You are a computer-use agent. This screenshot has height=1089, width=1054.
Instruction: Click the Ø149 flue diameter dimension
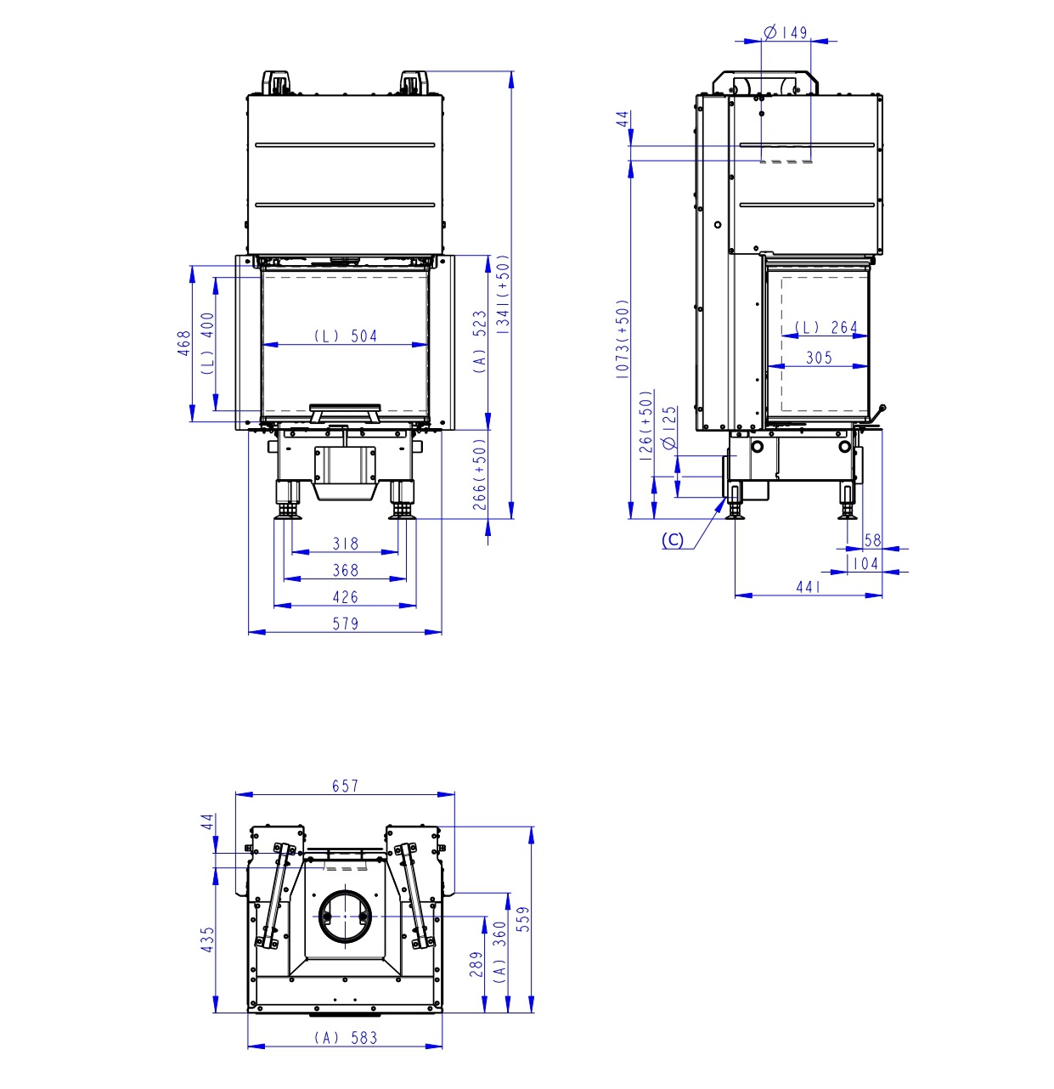tap(785, 32)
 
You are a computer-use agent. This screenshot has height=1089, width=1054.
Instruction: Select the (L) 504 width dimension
tap(345, 336)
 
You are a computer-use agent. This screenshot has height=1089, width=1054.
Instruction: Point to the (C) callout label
tap(672, 540)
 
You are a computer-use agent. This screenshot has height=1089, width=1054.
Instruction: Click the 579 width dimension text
tap(345, 623)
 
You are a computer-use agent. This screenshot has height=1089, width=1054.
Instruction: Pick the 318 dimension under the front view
tap(345, 544)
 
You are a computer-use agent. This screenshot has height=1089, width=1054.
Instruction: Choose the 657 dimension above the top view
tap(345, 786)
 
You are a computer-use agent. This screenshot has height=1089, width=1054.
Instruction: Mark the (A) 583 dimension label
tap(345, 1037)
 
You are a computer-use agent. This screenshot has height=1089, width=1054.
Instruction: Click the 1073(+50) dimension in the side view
tap(623, 339)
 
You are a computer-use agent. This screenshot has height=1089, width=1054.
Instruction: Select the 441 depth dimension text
tap(808, 586)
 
